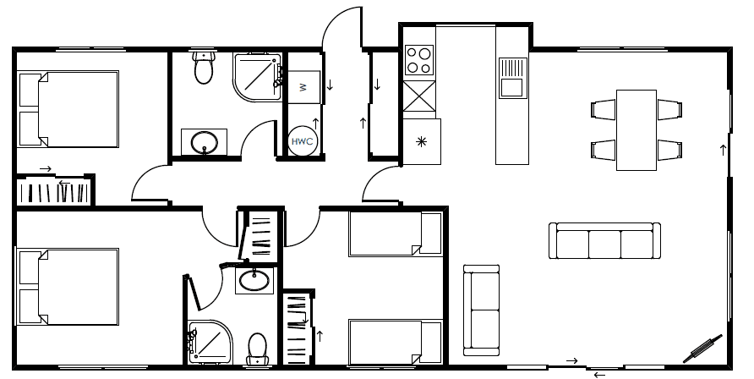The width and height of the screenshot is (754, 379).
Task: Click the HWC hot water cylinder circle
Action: [x=303, y=141]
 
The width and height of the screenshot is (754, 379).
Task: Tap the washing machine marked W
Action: [x=304, y=87]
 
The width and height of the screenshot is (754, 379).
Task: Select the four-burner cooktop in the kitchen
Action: [x=418, y=60]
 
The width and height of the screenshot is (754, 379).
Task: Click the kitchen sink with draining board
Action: [x=512, y=79]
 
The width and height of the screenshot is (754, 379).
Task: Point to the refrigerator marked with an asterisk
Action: [x=422, y=141]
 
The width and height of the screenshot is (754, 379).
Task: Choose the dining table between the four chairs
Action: [x=637, y=130]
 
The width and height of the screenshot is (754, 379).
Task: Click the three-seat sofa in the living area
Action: [x=604, y=240]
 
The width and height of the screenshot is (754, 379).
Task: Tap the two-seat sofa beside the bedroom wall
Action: [x=481, y=310]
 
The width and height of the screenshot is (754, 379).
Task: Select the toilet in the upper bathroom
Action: [x=204, y=68]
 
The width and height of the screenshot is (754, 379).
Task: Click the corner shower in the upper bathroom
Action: [x=257, y=77]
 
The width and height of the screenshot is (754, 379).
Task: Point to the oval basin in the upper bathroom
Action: [x=205, y=142]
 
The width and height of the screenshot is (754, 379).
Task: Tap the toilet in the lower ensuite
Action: [x=257, y=349]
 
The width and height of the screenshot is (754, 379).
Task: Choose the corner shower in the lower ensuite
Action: [x=210, y=342]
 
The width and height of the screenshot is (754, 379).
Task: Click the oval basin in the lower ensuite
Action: [x=254, y=280]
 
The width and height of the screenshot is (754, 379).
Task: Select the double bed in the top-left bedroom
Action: [x=68, y=109]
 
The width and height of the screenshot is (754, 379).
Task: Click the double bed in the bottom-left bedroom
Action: [x=68, y=287]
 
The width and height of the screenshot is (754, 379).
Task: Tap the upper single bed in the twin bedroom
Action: [x=396, y=233]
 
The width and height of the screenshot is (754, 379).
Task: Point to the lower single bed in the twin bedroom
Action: [x=396, y=342]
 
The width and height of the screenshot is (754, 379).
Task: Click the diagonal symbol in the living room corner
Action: [x=703, y=349]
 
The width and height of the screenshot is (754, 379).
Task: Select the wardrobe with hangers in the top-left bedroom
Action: [x=54, y=191]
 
